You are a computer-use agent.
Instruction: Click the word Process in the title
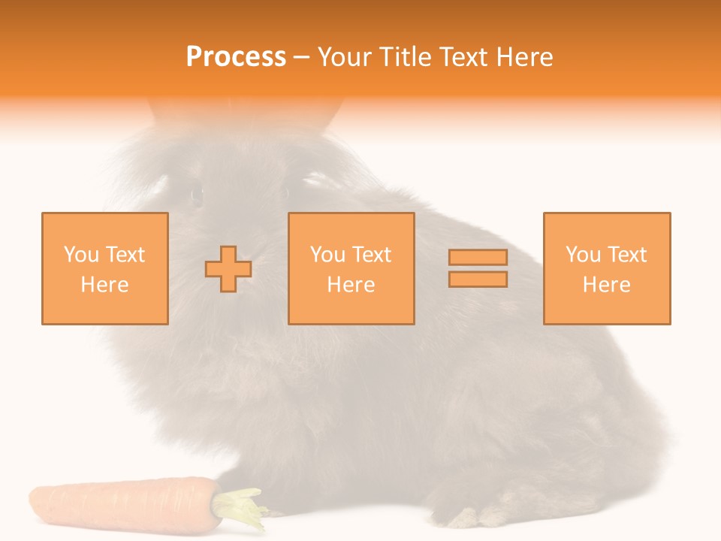tap(236, 57)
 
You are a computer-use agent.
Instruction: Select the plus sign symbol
tap(228, 269)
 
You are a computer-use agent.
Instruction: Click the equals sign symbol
tap(478, 268)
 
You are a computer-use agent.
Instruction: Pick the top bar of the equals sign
tap(478, 258)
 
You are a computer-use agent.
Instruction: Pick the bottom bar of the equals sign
tap(478, 279)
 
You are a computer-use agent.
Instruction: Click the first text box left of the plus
tap(104, 269)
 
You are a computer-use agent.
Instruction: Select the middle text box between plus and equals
tap(351, 269)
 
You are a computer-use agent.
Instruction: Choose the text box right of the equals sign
tap(606, 269)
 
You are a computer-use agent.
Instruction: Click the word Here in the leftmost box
tap(104, 285)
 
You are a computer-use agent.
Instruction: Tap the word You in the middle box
tap(327, 255)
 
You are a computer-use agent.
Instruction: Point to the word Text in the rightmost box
tap(626, 255)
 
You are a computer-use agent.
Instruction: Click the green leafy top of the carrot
tap(240, 504)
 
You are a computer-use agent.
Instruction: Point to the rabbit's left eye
tap(197, 195)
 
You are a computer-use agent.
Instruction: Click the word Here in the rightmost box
tap(606, 285)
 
